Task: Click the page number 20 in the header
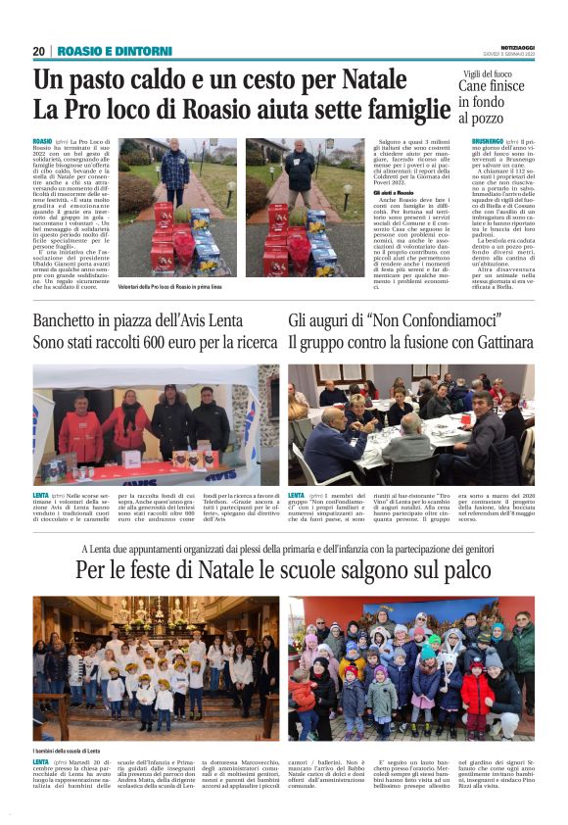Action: (x=39, y=51)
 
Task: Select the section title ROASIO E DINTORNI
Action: (x=100, y=51)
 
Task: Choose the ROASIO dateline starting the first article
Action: (x=43, y=142)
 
